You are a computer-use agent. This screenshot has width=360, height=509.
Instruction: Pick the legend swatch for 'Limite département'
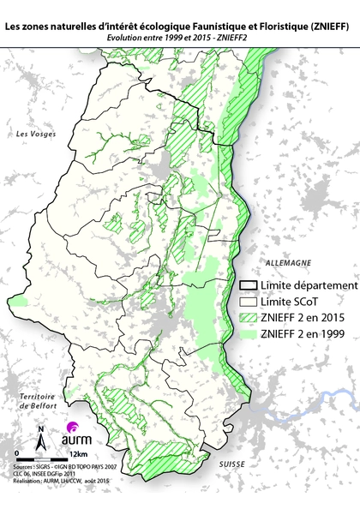pyautogui.click(x=249, y=285)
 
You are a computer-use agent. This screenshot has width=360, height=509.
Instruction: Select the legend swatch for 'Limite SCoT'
pyautogui.click(x=249, y=302)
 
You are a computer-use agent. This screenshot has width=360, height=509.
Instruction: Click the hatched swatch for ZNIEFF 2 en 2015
pyautogui.click(x=249, y=318)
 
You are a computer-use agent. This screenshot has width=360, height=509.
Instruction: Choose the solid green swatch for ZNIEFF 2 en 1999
pyautogui.click(x=249, y=334)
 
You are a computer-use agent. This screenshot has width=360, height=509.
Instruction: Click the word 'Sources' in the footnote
pyautogui.click(x=24, y=464)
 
